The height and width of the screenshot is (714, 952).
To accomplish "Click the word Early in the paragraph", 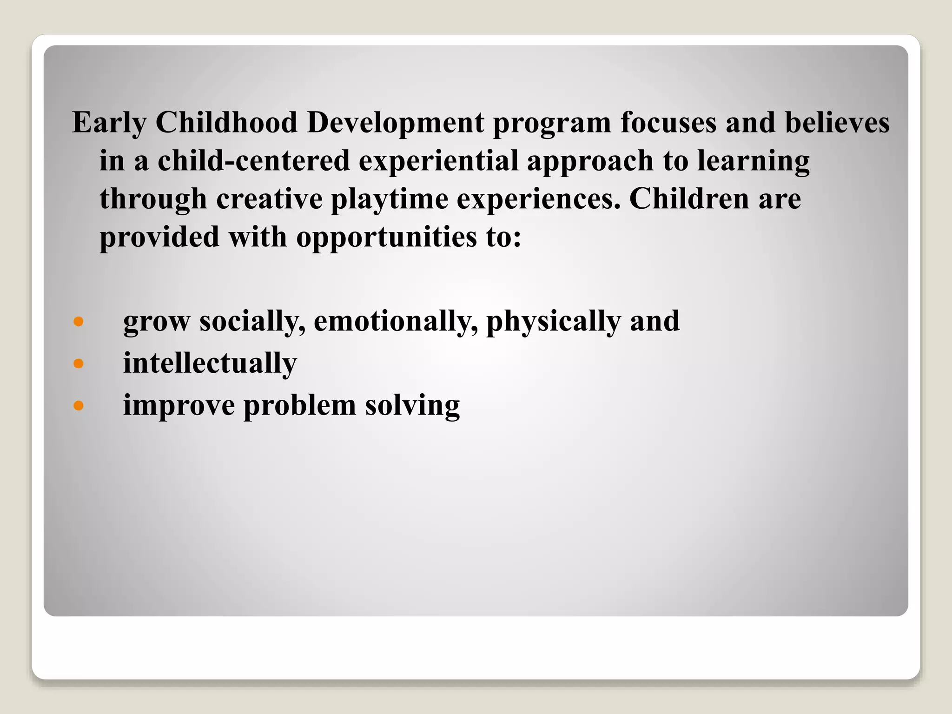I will (109, 123).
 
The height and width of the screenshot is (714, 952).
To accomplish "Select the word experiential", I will (438, 161).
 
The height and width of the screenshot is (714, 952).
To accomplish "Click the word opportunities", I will (386, 238).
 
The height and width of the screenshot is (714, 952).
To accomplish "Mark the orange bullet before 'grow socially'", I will (79, 321).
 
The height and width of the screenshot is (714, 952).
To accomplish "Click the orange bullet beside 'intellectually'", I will (79, 363).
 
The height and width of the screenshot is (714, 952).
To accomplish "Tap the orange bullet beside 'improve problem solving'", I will (79, 405).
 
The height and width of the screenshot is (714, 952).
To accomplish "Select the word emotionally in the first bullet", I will (396, 321).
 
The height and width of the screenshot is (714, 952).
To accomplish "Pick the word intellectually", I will (210, 363).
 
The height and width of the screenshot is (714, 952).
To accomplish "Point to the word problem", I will (299, 405).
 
